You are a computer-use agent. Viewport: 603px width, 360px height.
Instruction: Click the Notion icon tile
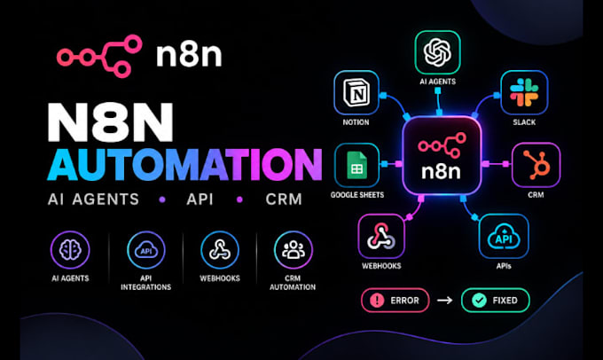point(356,93)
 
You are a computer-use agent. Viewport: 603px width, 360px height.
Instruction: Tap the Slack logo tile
point(524,93)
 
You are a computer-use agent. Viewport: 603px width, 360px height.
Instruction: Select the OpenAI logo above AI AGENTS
point(438,52)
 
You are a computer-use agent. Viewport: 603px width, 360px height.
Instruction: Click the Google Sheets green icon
point(356,166)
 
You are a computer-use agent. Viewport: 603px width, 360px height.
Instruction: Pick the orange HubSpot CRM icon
point(536,165)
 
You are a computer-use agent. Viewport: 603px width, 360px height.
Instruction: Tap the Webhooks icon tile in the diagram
point(381,236)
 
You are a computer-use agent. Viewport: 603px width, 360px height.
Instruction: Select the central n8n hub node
point(442,155)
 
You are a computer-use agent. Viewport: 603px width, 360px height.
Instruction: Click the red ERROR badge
point(395,300)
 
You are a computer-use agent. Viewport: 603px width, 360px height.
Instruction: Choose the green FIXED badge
point(496,300)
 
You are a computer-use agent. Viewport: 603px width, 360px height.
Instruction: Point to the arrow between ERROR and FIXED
point(445,300)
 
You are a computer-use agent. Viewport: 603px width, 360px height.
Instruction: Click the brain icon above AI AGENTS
point(70,250)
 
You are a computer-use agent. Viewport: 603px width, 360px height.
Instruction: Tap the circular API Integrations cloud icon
point(146,250)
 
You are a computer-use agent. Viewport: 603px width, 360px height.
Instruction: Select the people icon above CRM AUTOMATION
point(293,250)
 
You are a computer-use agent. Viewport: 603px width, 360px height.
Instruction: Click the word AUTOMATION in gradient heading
point(184,164)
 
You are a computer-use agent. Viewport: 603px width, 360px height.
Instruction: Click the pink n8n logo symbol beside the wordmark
point(99,57)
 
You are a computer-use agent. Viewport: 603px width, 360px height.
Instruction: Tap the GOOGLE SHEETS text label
point(357,195)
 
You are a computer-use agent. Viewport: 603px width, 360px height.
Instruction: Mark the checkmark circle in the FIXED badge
point(479,300)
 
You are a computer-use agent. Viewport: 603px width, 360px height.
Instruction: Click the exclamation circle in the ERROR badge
point(377,300)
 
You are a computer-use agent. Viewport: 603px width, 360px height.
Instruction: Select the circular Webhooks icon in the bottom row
point(220,250)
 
